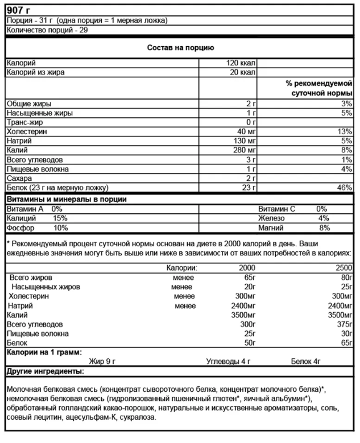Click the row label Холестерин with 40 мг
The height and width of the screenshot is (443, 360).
[27, 131]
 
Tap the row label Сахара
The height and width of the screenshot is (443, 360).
[20, 178]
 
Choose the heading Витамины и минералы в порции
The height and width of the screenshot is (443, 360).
[66, 199]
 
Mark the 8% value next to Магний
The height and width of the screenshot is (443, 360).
[324, 228]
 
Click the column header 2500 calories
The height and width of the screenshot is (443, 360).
[343, 267]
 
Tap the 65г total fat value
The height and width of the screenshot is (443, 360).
[248, 277]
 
